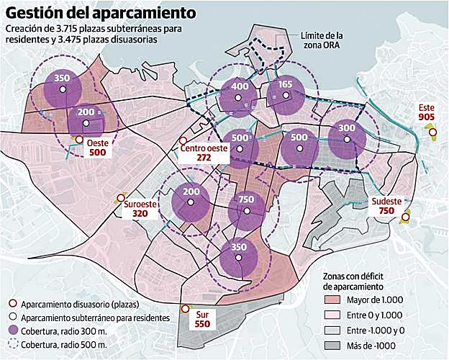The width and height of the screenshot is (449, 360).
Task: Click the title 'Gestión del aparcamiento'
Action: (100, 12)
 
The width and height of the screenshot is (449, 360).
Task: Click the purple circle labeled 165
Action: (283, 94)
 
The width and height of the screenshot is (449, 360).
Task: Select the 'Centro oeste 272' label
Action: (204, 152)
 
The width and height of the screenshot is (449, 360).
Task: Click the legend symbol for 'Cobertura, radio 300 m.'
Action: (10, 331)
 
